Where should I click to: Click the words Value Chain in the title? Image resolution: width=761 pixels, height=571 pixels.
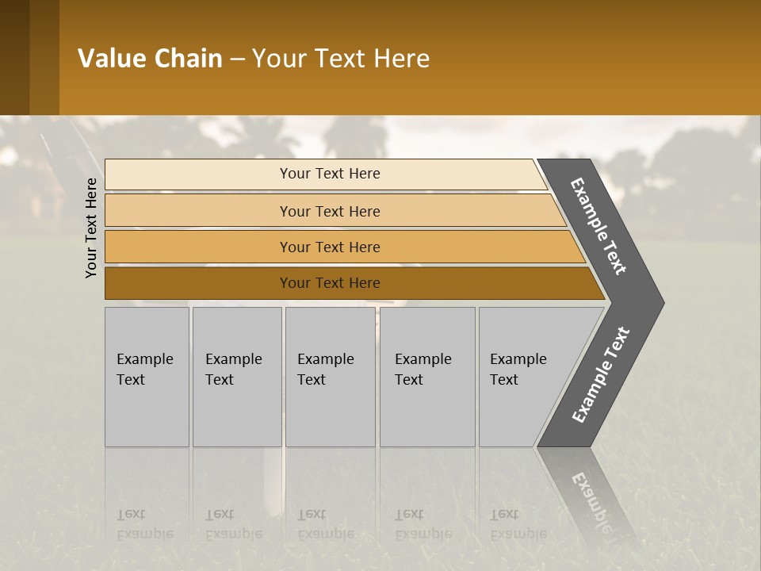click(150, 59)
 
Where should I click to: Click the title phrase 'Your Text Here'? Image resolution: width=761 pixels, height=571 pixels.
click(341, 59)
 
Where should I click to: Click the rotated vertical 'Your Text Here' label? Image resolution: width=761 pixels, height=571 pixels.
click(91, 228)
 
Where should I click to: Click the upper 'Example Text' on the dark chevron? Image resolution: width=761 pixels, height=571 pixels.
click(598, 226)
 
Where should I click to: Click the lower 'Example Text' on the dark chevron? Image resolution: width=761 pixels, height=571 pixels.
click(600, 375)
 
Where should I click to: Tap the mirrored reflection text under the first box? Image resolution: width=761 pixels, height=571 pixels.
click(144, 524)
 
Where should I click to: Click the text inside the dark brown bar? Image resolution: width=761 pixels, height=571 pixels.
click(330, 283)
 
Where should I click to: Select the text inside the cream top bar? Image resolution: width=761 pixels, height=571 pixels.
click(330, 174)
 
